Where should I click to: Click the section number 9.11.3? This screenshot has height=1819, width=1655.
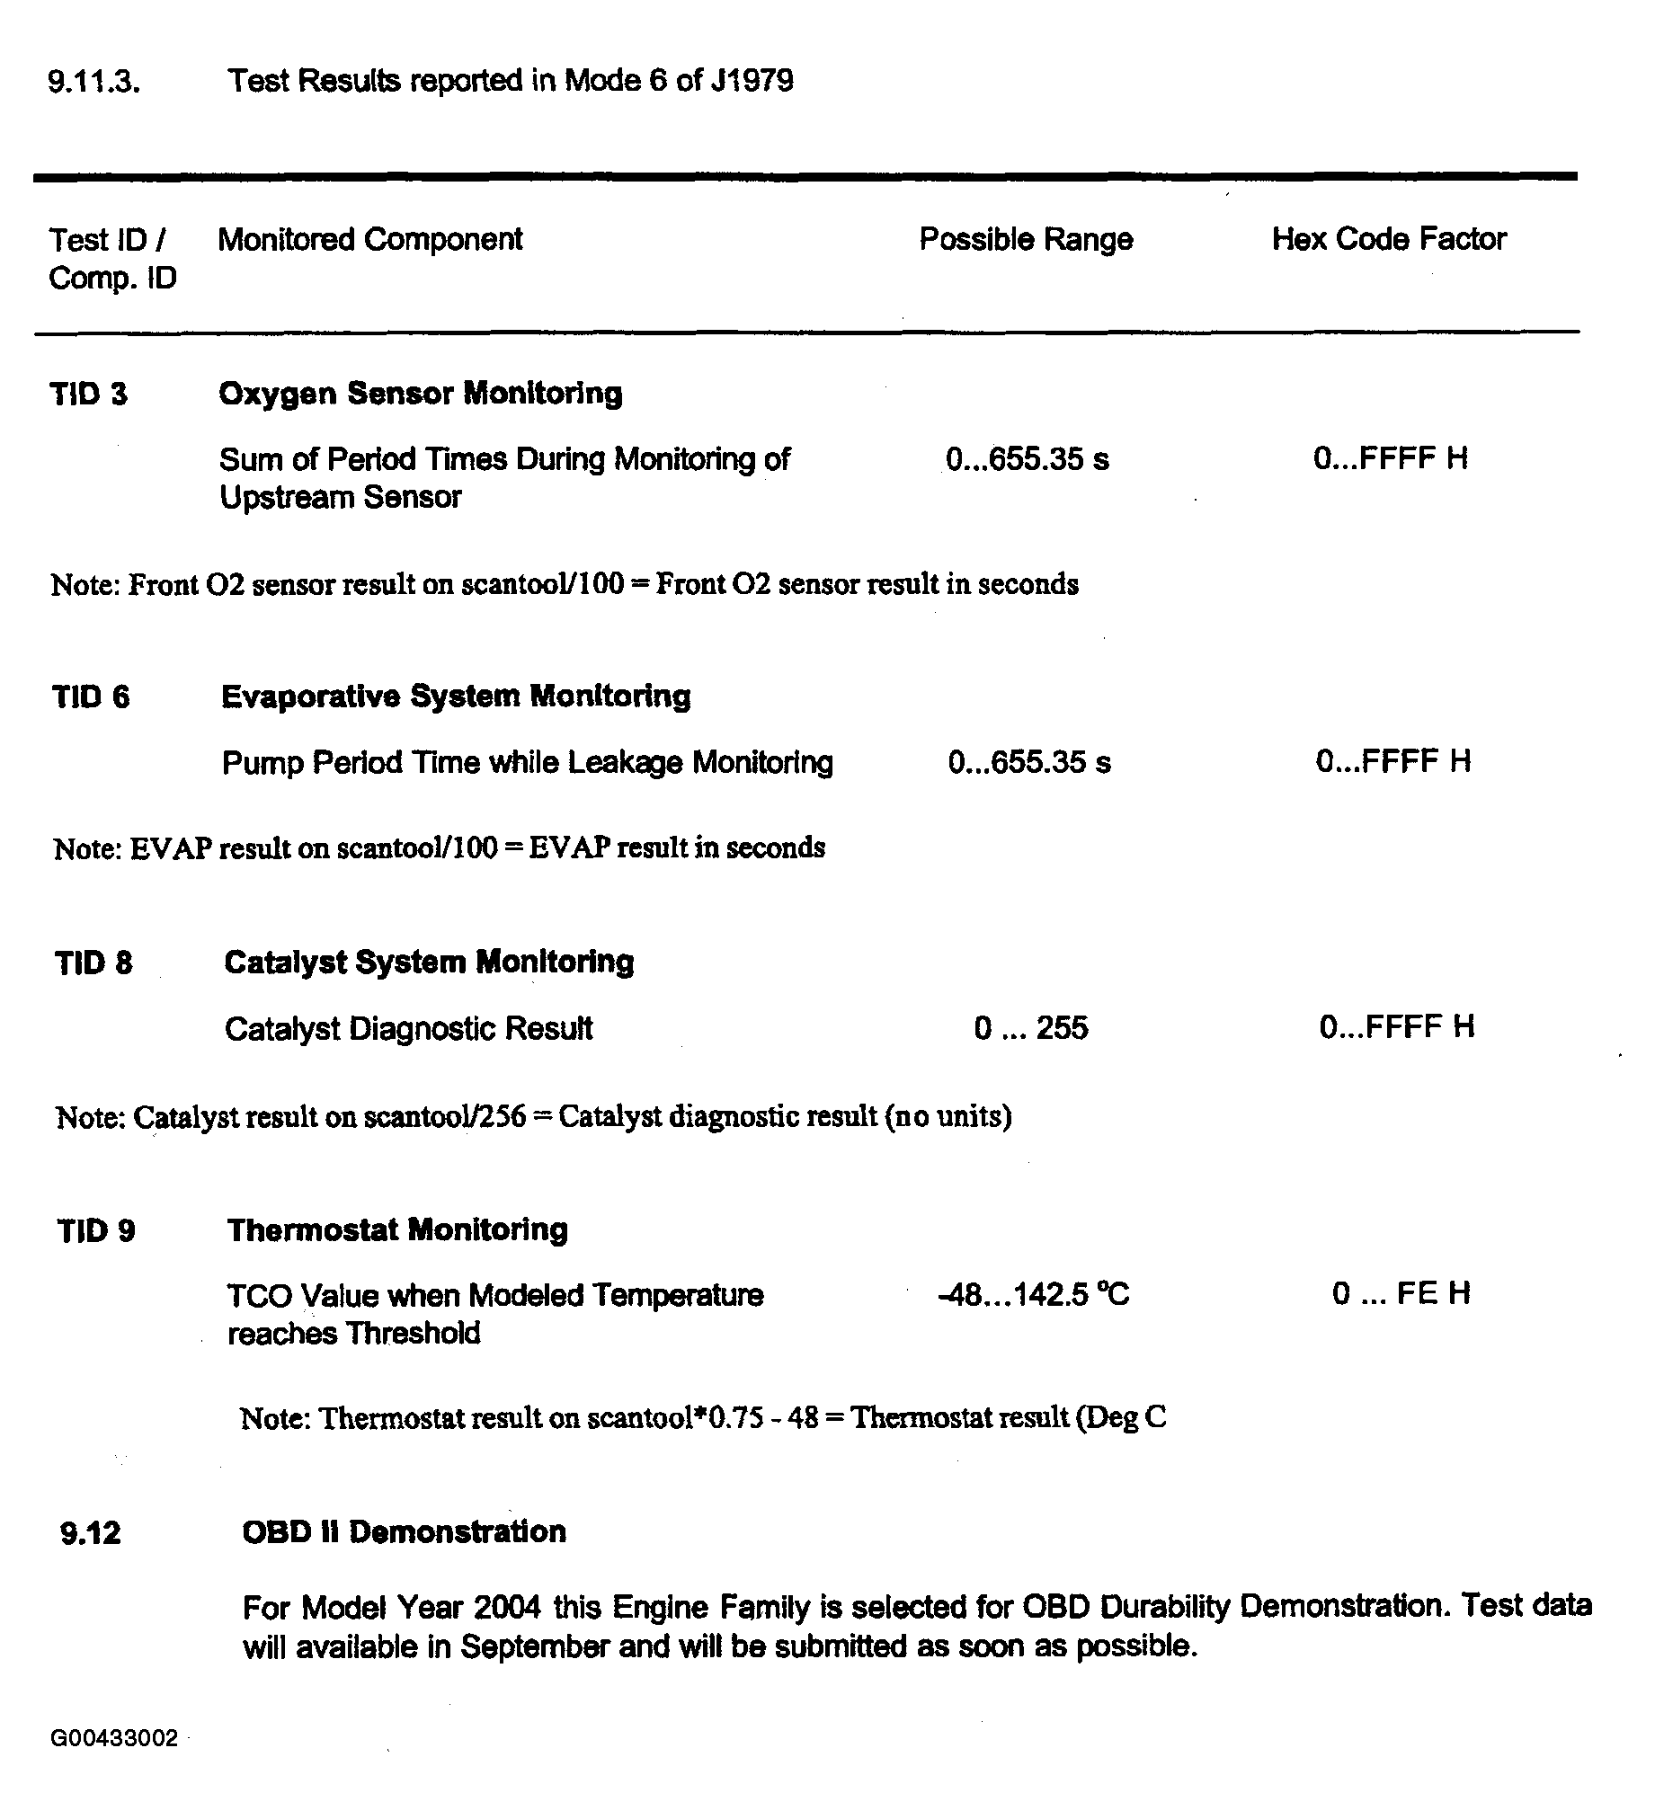tap(93, 82)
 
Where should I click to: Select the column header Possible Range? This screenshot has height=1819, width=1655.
tap(1025, 239)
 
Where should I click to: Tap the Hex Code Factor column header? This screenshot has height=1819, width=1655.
tap(1388, 239)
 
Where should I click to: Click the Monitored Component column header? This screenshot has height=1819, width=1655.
tap(370, 239)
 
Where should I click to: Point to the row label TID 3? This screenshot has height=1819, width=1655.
tap(88, 395)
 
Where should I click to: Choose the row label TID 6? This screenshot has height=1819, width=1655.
tap(90, 697)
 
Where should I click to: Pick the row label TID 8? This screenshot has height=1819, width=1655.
tap(93, 963)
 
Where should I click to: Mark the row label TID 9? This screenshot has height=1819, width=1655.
tap(95, 1230)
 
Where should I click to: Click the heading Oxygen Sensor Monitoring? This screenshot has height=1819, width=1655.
tap(420, 394)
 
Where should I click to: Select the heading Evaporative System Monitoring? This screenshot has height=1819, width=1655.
tap(456, 697)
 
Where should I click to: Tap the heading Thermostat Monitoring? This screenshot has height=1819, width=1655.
tap(397, 1229)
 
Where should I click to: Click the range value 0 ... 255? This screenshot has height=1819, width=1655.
tap(1030, 1028)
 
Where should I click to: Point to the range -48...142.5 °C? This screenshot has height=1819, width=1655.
tap(1033, 1295)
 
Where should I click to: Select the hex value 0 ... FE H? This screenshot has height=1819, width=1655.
tap(1401, 1294)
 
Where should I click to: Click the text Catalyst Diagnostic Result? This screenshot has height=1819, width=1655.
tap(408, 1029)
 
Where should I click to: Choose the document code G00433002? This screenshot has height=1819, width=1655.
tap(114, 1739)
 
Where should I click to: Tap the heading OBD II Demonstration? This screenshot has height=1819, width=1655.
tap(404, 1532)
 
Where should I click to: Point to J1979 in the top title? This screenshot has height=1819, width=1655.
tap(752, 81)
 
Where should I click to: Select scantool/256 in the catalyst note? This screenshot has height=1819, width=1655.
tap(445, 1117)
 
